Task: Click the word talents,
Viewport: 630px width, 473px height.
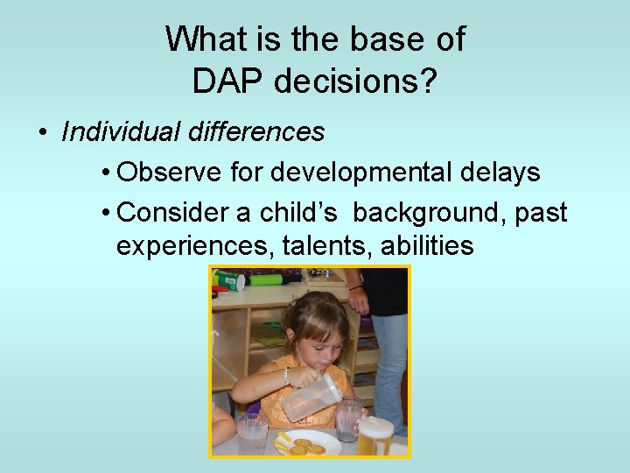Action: (326, 246)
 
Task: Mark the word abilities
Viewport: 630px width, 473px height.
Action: (428, 246)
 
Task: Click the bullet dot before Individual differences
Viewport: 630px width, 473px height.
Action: (42, 133)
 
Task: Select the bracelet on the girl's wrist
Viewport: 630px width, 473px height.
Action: (285, 375)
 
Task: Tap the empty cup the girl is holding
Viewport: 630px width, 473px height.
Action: (349, 418)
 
